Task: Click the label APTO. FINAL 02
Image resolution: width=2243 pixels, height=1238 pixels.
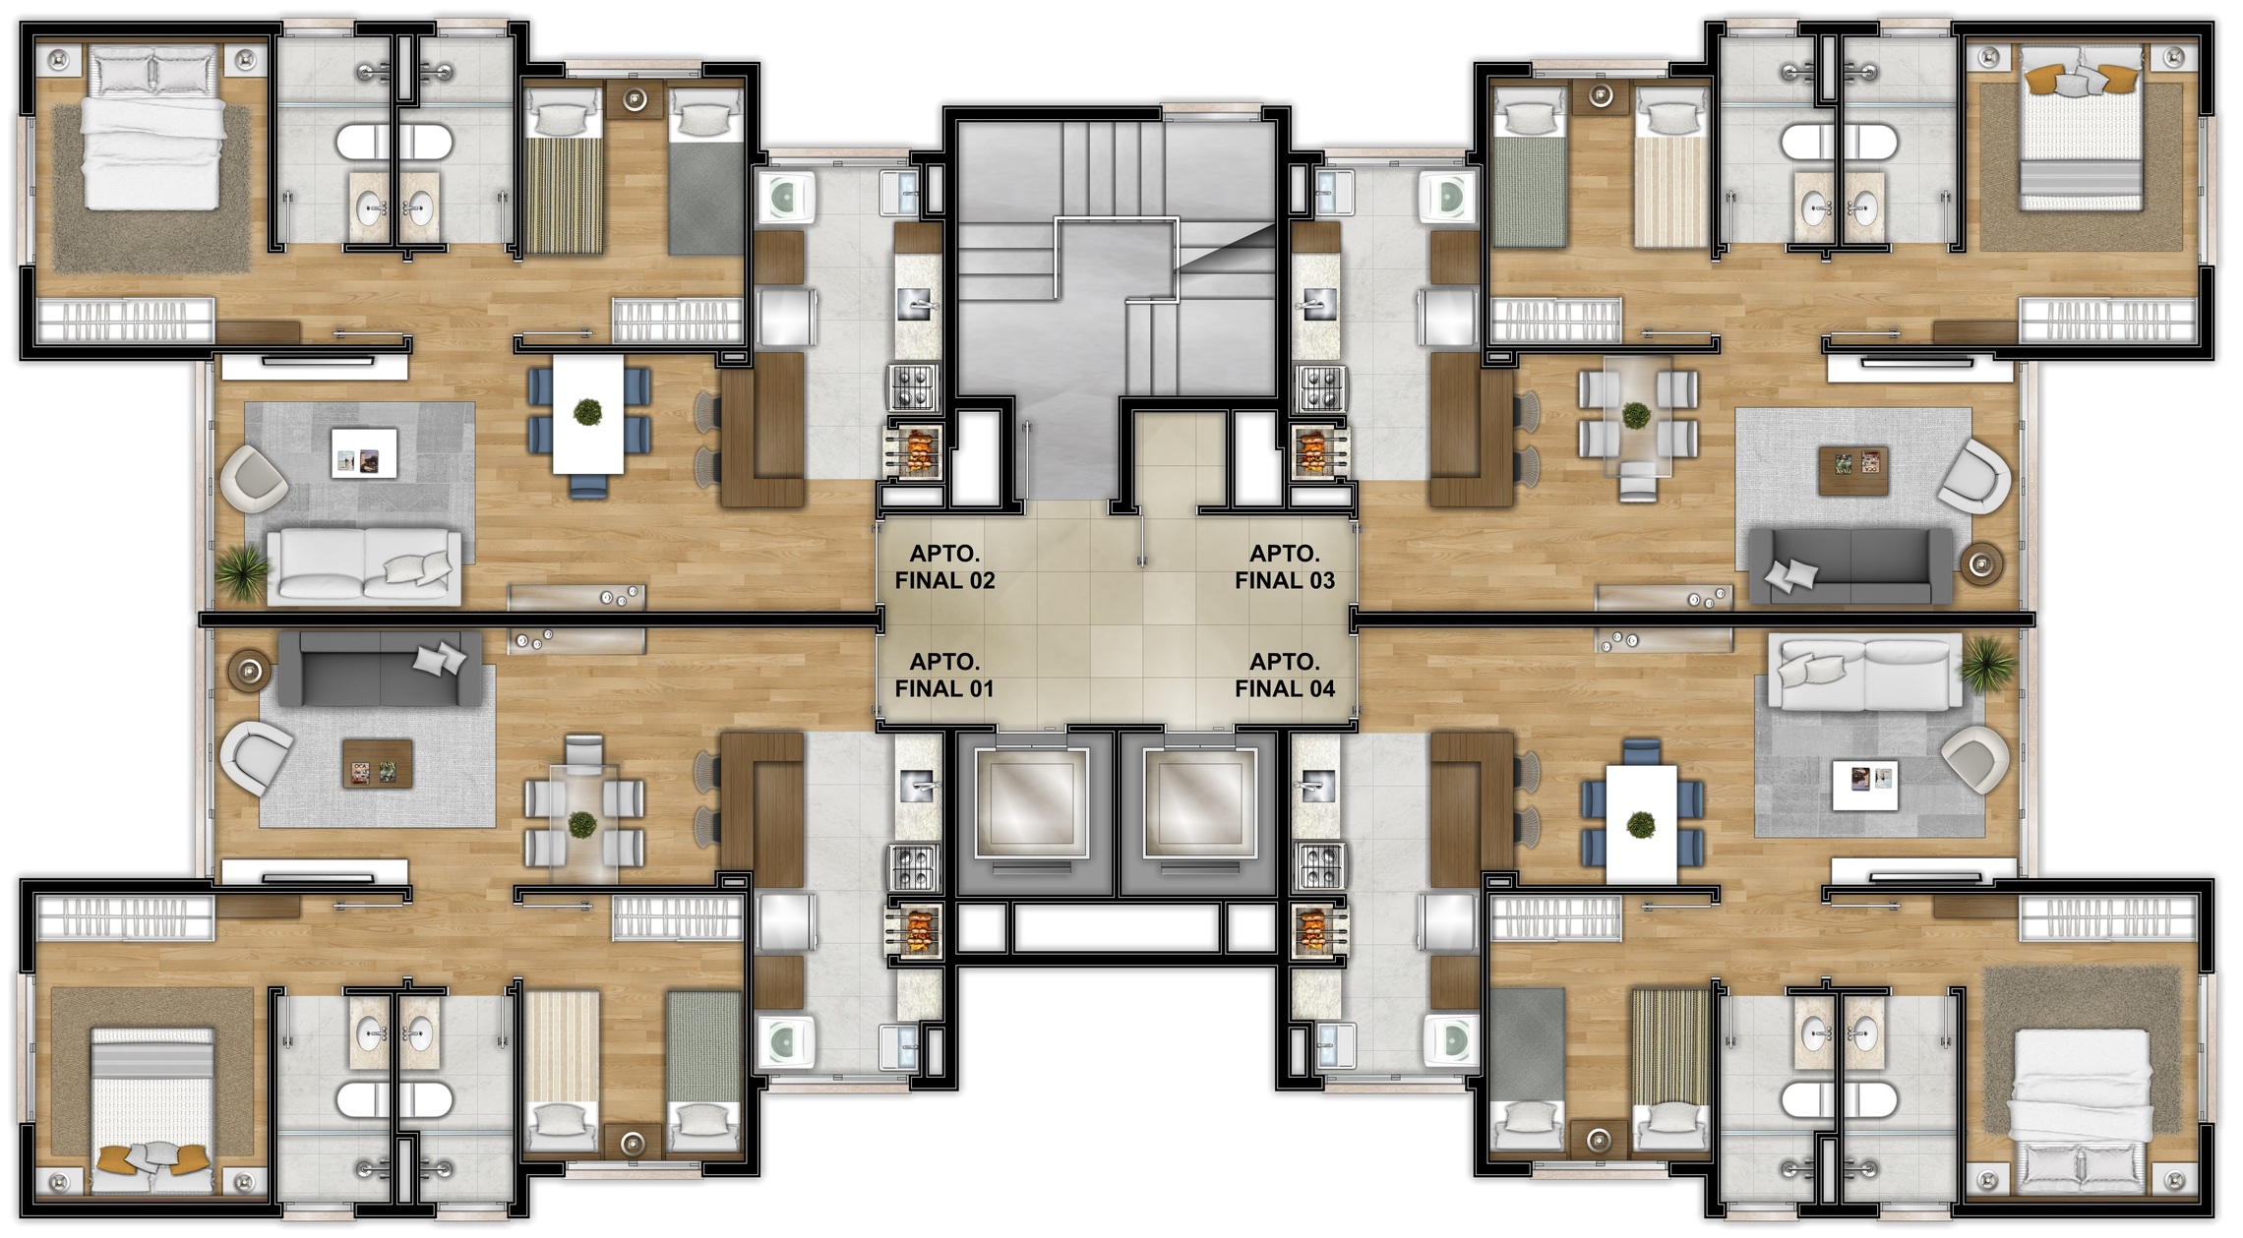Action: coord(944,567)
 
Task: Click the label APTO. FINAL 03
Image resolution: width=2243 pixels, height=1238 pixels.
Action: coord(1285,567)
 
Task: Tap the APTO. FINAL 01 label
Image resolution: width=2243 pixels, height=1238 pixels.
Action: coord(944,676)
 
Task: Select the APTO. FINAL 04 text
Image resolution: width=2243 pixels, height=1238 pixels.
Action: coord(1285,676)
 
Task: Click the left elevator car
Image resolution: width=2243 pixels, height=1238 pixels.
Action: coord(1031,802)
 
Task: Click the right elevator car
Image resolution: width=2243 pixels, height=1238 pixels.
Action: coord(1201,802)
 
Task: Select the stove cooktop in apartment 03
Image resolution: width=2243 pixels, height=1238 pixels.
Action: coord(1319,387)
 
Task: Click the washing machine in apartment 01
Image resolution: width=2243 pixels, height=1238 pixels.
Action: coord(785,1042)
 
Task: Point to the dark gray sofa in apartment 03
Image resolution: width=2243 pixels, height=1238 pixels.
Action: coord(1849,565)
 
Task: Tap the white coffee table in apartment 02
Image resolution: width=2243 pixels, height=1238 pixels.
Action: coord(364,452)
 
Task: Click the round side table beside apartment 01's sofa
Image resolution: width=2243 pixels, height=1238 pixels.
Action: coord(250,671)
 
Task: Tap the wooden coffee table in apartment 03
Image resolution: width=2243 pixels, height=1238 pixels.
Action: coord(1853,471)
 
